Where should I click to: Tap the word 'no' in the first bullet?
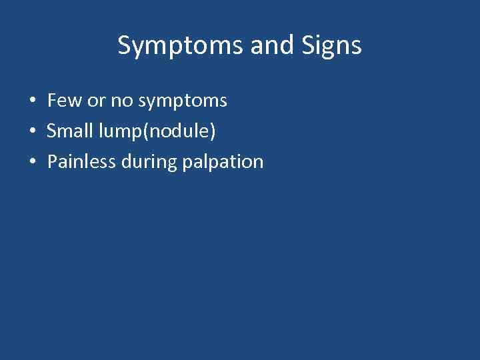(x=122, y=101)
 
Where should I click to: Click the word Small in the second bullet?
(x=69, y=131)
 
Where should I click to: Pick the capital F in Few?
(x=52, y=101)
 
